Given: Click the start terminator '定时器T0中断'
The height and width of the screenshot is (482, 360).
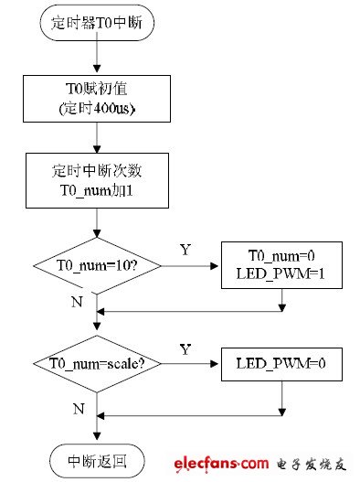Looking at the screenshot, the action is click(x=97, y=23).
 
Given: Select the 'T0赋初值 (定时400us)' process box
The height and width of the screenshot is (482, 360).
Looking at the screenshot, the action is click(x=97, y=99).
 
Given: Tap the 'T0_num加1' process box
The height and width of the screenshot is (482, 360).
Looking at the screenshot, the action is click(x=97, y=181).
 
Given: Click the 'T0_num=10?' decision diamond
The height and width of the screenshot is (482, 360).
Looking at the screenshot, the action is click(x=97, y=266).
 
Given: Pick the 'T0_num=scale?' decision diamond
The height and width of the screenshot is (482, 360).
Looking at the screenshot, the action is click(x=97, y=364).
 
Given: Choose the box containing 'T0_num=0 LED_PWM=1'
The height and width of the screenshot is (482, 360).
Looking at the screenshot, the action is click(x=281, y=265).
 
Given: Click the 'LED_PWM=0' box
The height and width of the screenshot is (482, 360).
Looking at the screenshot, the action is click(x=281, y=364).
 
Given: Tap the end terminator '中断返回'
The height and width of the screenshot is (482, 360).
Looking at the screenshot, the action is click(x=97, y=461).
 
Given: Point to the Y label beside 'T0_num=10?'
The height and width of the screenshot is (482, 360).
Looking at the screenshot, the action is click(x=185, y=250).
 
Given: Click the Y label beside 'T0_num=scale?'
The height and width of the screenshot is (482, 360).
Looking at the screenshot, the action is click(x=185, y=349).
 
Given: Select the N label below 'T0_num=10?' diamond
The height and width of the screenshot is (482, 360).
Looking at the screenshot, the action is click(x=77, y=302).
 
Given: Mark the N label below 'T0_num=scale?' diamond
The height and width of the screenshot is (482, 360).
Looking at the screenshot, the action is click(x=79, y=409).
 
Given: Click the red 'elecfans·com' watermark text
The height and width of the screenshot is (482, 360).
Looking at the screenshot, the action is click(x=221, y=464).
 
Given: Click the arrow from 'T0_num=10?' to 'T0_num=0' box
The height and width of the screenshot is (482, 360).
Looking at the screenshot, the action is click(x=189, y=266).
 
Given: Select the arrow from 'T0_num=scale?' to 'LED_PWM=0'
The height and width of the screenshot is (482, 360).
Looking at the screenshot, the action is click(x=189, y=364).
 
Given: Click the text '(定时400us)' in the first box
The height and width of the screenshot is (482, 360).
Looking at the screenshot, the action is click(x=97, y=109).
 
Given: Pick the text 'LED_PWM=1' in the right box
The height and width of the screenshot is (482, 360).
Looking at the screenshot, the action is click(x=281, y=273).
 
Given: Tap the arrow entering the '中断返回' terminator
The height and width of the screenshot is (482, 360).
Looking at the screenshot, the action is click(x=97, y=428).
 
